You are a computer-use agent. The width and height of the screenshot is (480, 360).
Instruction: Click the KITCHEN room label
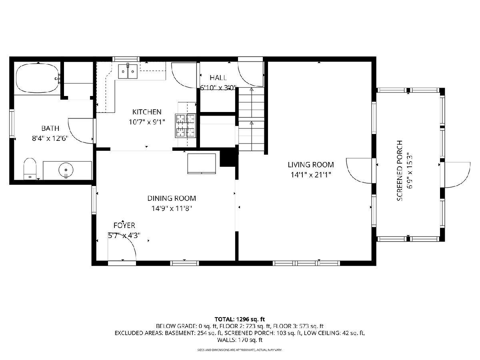147,112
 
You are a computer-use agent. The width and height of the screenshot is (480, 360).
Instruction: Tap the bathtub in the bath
38,78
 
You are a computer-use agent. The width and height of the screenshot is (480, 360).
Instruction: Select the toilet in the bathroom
30,169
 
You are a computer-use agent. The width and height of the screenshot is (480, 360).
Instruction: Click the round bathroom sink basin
66,170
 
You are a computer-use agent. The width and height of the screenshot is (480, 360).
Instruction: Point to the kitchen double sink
128,72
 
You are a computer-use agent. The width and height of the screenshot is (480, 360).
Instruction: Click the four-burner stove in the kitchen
185,126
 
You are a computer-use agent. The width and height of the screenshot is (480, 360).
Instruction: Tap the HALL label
218,78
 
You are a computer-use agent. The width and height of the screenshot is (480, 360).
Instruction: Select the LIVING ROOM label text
310,164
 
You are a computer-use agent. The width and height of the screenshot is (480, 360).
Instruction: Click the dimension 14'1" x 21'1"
310,175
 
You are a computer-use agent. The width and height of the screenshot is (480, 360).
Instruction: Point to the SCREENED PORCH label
400,171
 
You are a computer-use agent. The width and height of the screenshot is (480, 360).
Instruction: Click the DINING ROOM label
172,198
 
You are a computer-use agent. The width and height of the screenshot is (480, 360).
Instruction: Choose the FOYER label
124,225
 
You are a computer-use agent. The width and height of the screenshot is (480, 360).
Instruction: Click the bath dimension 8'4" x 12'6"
50,138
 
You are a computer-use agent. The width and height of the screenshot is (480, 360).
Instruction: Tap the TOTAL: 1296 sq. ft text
240,319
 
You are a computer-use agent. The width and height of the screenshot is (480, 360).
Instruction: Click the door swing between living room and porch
359,171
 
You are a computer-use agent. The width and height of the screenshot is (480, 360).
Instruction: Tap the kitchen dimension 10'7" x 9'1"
147,122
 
